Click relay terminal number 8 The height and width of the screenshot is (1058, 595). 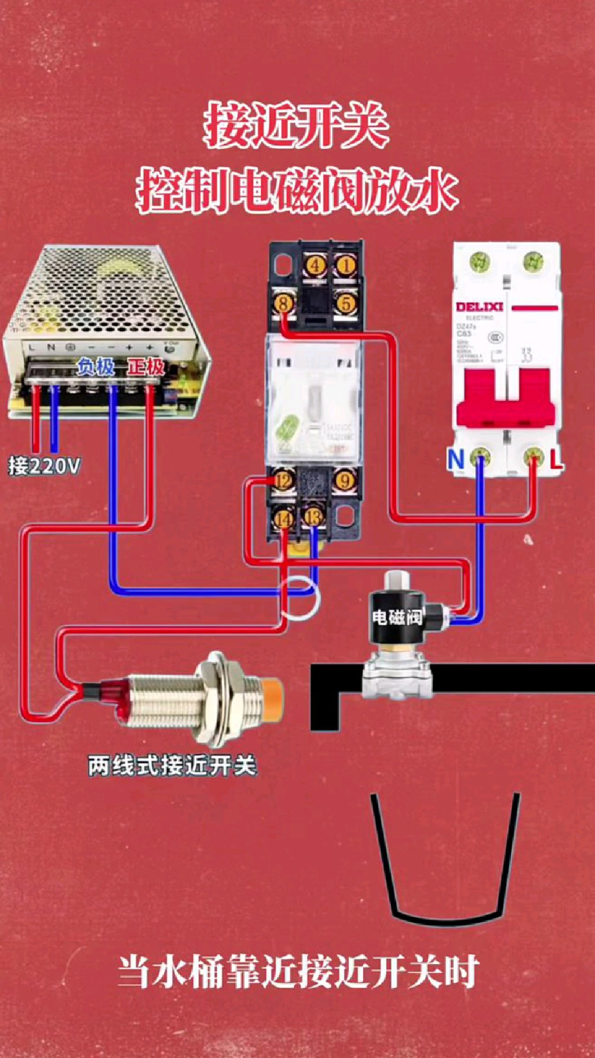pyautogui.click(x=284, y=304)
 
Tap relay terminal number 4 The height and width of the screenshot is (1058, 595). pyautogui.click(x=316, y=265)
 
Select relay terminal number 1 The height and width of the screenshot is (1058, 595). pyautogui.click(x=346, y=265)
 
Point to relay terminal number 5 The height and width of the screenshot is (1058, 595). pyautogui.click(x=346, y=304)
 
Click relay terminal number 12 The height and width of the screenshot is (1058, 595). pyautogui.click(x=284, y=480)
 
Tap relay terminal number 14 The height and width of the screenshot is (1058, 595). pyautogui.click(x=284, y=519)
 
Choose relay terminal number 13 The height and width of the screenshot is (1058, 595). pyautogui.click(x=313, y=518)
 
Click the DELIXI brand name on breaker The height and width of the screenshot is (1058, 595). pyautogui.click(x=479, y=307)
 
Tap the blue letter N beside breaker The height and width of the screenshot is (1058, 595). pyautogui.click(x=456, y=459)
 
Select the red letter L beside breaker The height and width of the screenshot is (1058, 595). pyautogui.click(x=556, y=459)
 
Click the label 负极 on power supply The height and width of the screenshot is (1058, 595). pyautogui.click(x=96, y=367)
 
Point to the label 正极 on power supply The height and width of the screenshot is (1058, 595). pyautogui.click(x=146, y=367)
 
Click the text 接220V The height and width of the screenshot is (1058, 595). pyautogui.click(x=44, y=466)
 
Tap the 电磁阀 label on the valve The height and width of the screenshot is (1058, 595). pyautogui.click(x=397, y=618)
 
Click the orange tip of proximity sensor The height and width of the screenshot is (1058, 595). pyautogui.click(x=273, y=695)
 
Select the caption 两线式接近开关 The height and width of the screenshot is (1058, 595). pyautogui.click(x=172, y=766)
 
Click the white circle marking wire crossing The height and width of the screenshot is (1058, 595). pyautogui.click(x=299, y=597)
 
